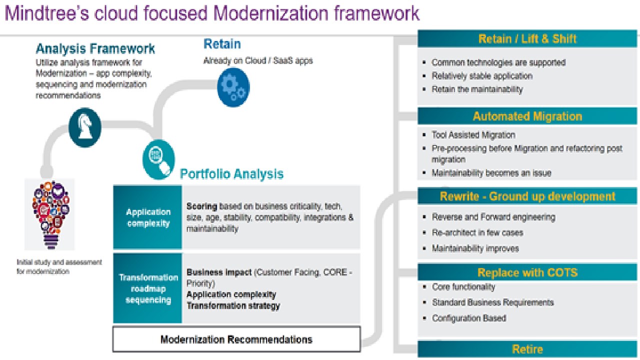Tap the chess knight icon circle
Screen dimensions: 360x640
(x=84, y=127)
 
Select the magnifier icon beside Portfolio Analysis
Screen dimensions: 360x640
(x=158, y=159)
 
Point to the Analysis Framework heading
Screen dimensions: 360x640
(x=95, y=49)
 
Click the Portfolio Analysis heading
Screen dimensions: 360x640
(x=231, y=174)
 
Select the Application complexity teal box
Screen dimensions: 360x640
(x=148, y=217)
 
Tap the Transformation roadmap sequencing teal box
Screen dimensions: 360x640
(x=148, y=288)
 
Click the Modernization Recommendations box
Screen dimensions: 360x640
(x=236, y=339)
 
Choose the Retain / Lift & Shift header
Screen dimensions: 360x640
(x=527, y=39)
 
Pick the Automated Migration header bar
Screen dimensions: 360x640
(x=527, y=116)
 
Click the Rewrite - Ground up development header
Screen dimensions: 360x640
(x=527, y=196)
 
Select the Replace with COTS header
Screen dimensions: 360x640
(x=527, y=272)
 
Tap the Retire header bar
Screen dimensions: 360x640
(x=527, y=349)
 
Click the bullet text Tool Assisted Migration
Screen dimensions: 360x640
(x=473, y=135)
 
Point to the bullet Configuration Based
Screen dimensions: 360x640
(x=468, y=318)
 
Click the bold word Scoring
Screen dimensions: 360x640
(x=202, y=206)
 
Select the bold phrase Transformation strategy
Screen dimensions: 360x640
(x=233, y=305)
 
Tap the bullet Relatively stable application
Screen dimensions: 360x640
(x=482, y=76)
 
